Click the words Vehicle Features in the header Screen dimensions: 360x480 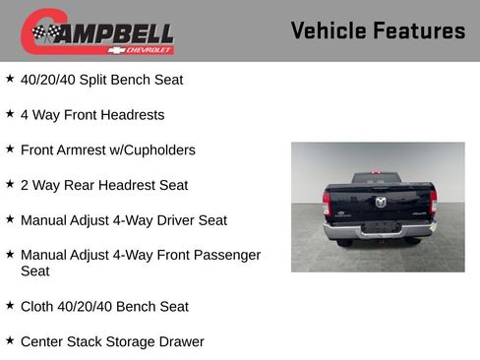coord(378,31)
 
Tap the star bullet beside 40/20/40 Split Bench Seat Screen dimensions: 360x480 coord(10,78)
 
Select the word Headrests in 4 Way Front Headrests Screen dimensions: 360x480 coord(132,114)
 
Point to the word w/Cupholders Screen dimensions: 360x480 coord(160,150)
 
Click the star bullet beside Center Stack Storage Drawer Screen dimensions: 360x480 coord(10,340)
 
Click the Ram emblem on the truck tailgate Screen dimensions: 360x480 coord(380,202)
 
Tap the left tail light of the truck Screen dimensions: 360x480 coord(327,205)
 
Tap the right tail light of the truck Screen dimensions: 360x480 coord(433,203)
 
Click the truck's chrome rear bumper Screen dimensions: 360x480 coord(380,231)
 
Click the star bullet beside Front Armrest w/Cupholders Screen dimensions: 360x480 coord(10,149)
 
